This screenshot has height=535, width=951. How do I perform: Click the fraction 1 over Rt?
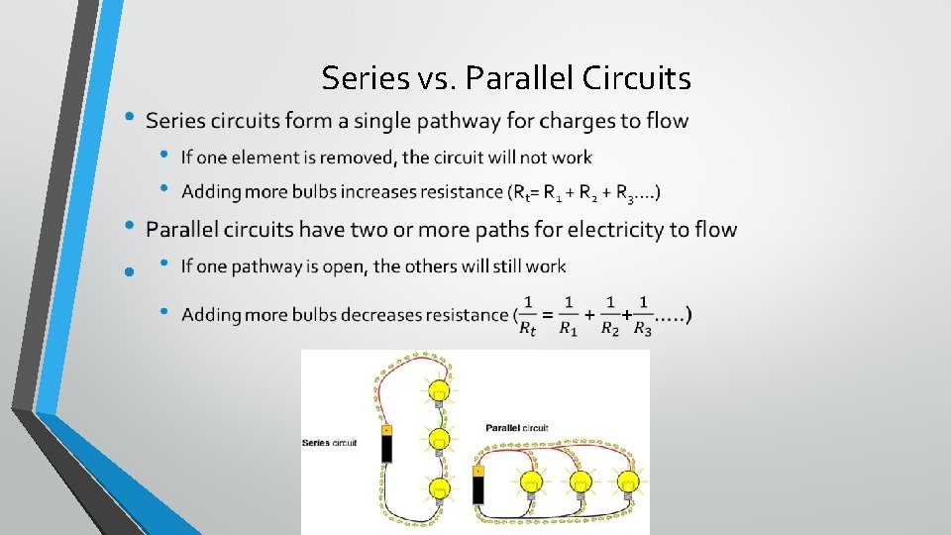(528, 316)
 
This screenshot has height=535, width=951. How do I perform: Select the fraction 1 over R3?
(643, 316)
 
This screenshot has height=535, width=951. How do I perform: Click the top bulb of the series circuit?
(438, 389)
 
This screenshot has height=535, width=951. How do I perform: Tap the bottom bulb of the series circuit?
(438, 487)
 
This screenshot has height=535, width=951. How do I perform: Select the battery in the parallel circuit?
(478, 485)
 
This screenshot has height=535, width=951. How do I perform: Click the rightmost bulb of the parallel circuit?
(627, 482)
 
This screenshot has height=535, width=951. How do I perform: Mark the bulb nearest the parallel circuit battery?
(532, 482)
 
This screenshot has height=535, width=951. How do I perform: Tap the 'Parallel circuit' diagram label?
(516, 428)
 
